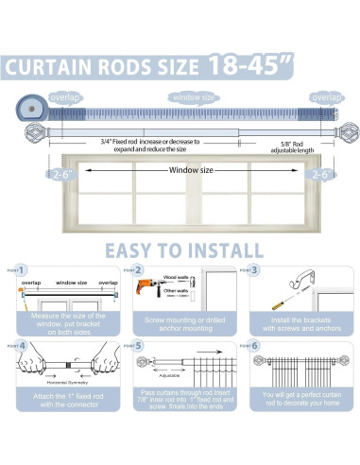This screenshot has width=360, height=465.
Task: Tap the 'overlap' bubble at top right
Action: [x=327, y=97]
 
